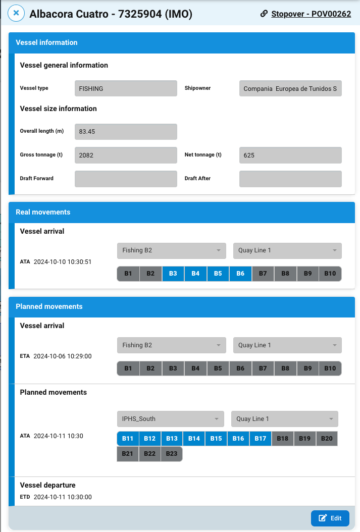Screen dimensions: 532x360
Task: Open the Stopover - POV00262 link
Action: [311, 14]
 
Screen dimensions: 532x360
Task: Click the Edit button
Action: [330, 518]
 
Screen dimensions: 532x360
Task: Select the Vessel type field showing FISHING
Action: [126, 88]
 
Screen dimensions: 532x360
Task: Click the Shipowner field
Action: [290, 88]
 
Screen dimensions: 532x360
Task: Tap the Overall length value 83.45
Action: [126, 132]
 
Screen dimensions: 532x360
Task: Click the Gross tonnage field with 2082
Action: [126, 155]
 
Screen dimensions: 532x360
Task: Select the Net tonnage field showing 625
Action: [290, 155]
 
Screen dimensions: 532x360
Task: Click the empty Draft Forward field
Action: [126, 179]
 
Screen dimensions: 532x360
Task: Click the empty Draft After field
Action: [290, 179]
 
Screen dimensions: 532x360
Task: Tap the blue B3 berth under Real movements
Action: [173, 274]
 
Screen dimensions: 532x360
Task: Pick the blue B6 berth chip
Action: [240, 274]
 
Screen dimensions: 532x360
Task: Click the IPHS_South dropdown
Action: [170, 419]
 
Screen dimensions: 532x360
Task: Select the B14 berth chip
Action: [194, 439]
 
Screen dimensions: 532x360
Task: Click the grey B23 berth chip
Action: [172, 454]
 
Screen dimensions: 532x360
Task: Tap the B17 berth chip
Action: [261, 439]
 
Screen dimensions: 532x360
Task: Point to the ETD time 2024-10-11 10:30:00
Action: [63, 497]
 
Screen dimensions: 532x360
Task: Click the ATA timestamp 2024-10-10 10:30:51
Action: [63, 262]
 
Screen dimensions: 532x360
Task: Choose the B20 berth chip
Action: [327, 439]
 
